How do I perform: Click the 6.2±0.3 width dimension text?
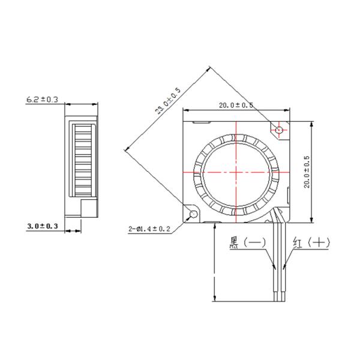tap(41, 100)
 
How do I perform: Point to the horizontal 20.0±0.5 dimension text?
tap(236, 105)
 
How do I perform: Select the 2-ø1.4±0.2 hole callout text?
tap(150, 229)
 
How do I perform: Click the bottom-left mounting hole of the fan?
tap(194, 214)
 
